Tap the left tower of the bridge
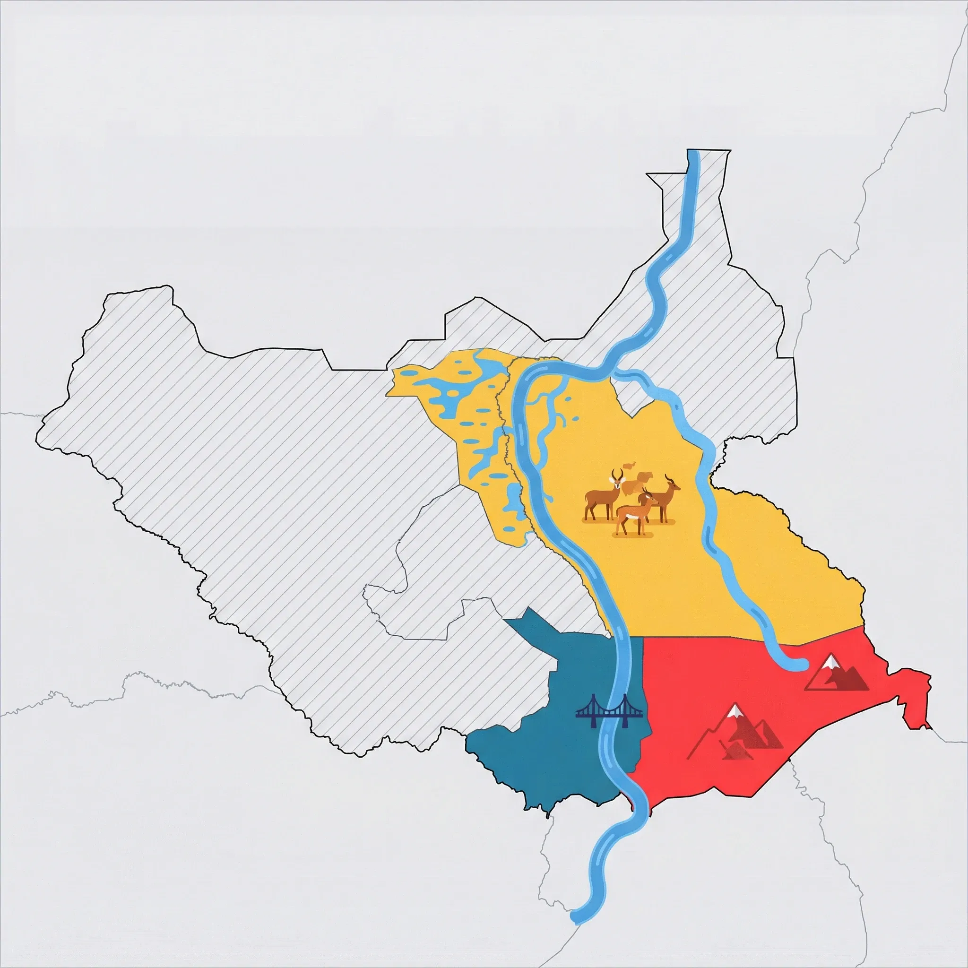pyautogui.click(x=593, y=712)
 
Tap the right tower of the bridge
pyautogui.click(x=625, y=712)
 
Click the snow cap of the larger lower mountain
pyautogui.click(x=735, y=711)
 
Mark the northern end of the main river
pyautogui.click(x=694, y=153)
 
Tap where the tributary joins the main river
pyautogui.click(x=612, y=370)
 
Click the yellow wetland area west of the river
pyautogui.click(x=451, y=401)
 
